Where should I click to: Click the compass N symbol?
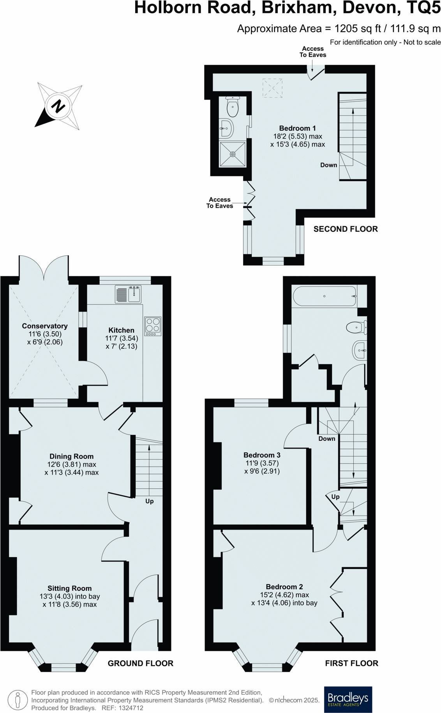pos(58,106)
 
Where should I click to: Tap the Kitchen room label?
pos(121,330)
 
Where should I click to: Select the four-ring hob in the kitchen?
pos(153,326)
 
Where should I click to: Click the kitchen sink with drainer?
pos(128,294)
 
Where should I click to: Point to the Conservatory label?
pos(45,326)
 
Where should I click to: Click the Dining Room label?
pos(71,456)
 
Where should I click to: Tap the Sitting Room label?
pos(69,588)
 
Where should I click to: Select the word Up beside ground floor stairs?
pos(150,501)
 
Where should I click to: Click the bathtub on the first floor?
pos(324,296)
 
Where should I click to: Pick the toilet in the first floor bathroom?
pos(356,327)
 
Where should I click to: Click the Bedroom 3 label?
pos(262,455)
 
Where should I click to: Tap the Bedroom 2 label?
pos(284,587)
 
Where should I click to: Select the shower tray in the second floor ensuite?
pos(233,154)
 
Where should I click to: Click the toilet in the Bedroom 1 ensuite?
pos(232,107)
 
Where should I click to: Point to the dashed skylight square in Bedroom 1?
pos(272,88)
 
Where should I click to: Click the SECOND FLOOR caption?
pos(346,229)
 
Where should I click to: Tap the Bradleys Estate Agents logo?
pos(348,699)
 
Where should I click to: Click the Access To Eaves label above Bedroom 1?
pos(313,52)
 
